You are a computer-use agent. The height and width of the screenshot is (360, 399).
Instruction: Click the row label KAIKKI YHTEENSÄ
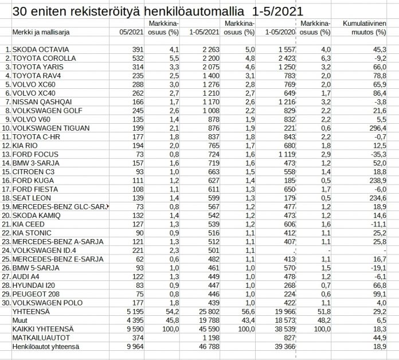(41, 328)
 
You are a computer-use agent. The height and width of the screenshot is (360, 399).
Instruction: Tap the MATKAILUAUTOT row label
(37, 337)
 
